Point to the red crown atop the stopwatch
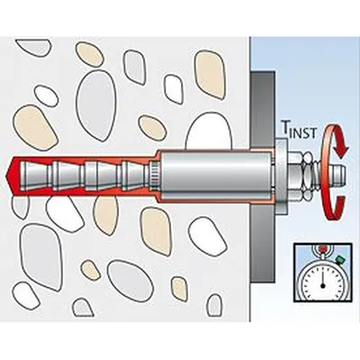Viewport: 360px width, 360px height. (x=322, y=248)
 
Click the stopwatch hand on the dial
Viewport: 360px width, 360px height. (x=322, y=280)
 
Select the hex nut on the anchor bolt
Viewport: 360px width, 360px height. (x=297, y=176)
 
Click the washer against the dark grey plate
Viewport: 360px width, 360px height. (x=282, y=175)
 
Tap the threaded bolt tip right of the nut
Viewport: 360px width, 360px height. (x=338, y=175)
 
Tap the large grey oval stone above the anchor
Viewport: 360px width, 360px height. (x=95, y=105)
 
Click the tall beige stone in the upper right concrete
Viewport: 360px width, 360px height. (x=210, y=74)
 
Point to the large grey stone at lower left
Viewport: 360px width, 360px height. (x=40, y=256)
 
